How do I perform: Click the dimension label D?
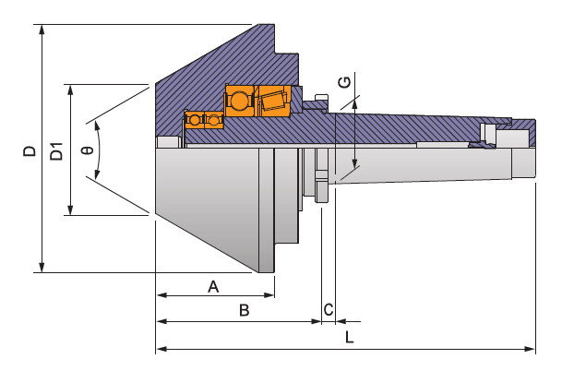(x=30, y=150)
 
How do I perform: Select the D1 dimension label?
(x=56, y=151)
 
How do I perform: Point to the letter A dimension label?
(x=213, y=286)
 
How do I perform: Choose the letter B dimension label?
(x=244, y=311)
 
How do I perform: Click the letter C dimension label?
(x=328, y=309)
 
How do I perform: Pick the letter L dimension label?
(x=350, y=337)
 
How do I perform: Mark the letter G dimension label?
(x=344, y=82)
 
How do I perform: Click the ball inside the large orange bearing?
(x=240, y=101)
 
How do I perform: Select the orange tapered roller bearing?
(x=274, y=101)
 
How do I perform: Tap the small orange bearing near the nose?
(x=203, y=120)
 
